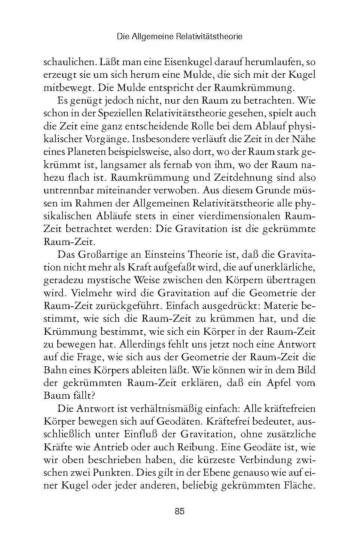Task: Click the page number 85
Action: (180, 511)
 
